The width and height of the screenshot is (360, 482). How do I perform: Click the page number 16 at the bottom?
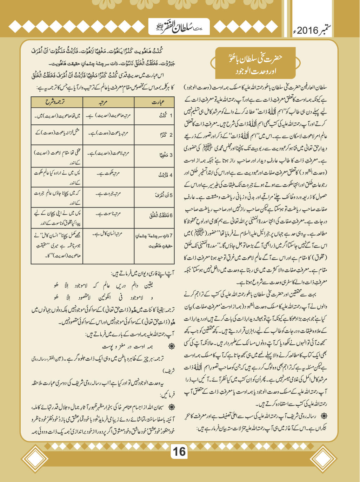point(179,451)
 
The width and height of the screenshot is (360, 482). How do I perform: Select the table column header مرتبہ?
point(108,102)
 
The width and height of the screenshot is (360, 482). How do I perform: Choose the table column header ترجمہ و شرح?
point(56,102)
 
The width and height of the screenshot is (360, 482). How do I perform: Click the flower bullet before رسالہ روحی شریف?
point(324,416)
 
